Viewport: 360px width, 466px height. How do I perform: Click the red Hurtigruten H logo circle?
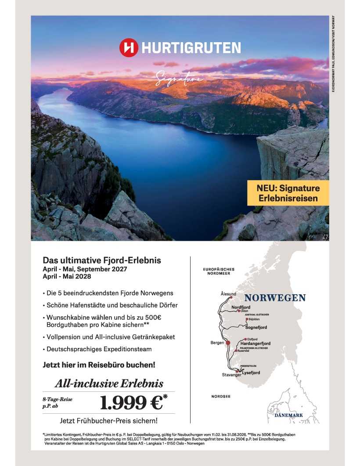(129, 48)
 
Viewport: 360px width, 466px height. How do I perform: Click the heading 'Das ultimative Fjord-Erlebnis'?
(102, 260)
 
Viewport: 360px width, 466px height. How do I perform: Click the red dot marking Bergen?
(228, 343)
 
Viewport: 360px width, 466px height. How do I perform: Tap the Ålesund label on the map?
(228, 294)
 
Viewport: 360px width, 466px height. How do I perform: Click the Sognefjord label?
(256, 327)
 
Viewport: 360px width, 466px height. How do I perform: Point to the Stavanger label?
(231, 375)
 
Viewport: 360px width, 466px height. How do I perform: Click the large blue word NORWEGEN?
(275, 298)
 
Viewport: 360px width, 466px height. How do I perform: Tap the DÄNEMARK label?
(288, 415)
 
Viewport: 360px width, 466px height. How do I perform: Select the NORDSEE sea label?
(221, 396)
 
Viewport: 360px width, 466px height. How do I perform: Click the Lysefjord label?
(251, 373)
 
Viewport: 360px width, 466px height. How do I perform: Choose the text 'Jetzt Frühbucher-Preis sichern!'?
(108, 420)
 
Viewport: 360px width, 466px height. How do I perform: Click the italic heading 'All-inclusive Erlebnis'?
(108, 383)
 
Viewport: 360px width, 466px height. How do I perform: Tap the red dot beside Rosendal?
(236, 351)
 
